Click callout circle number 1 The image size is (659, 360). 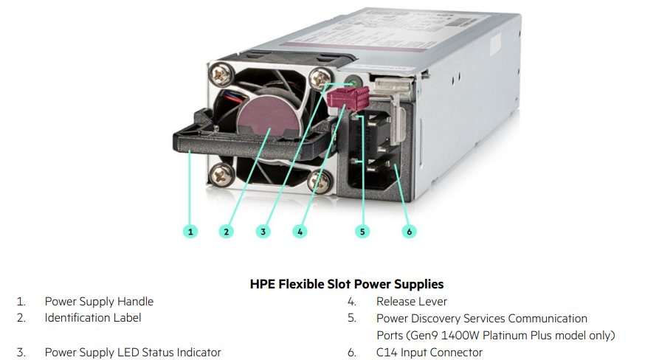click(191, 231)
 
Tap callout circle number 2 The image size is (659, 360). click(227, 231)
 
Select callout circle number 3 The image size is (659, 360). click(263, 231)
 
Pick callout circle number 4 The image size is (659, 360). click(299, 231)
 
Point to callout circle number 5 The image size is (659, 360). click(362, 231)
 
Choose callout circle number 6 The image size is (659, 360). click(410, 231)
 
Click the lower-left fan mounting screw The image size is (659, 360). click(219, 174)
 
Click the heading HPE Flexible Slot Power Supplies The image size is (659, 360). click(347, 284)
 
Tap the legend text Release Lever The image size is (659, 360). click(412, 301)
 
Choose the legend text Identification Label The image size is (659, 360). click(93, 318)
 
